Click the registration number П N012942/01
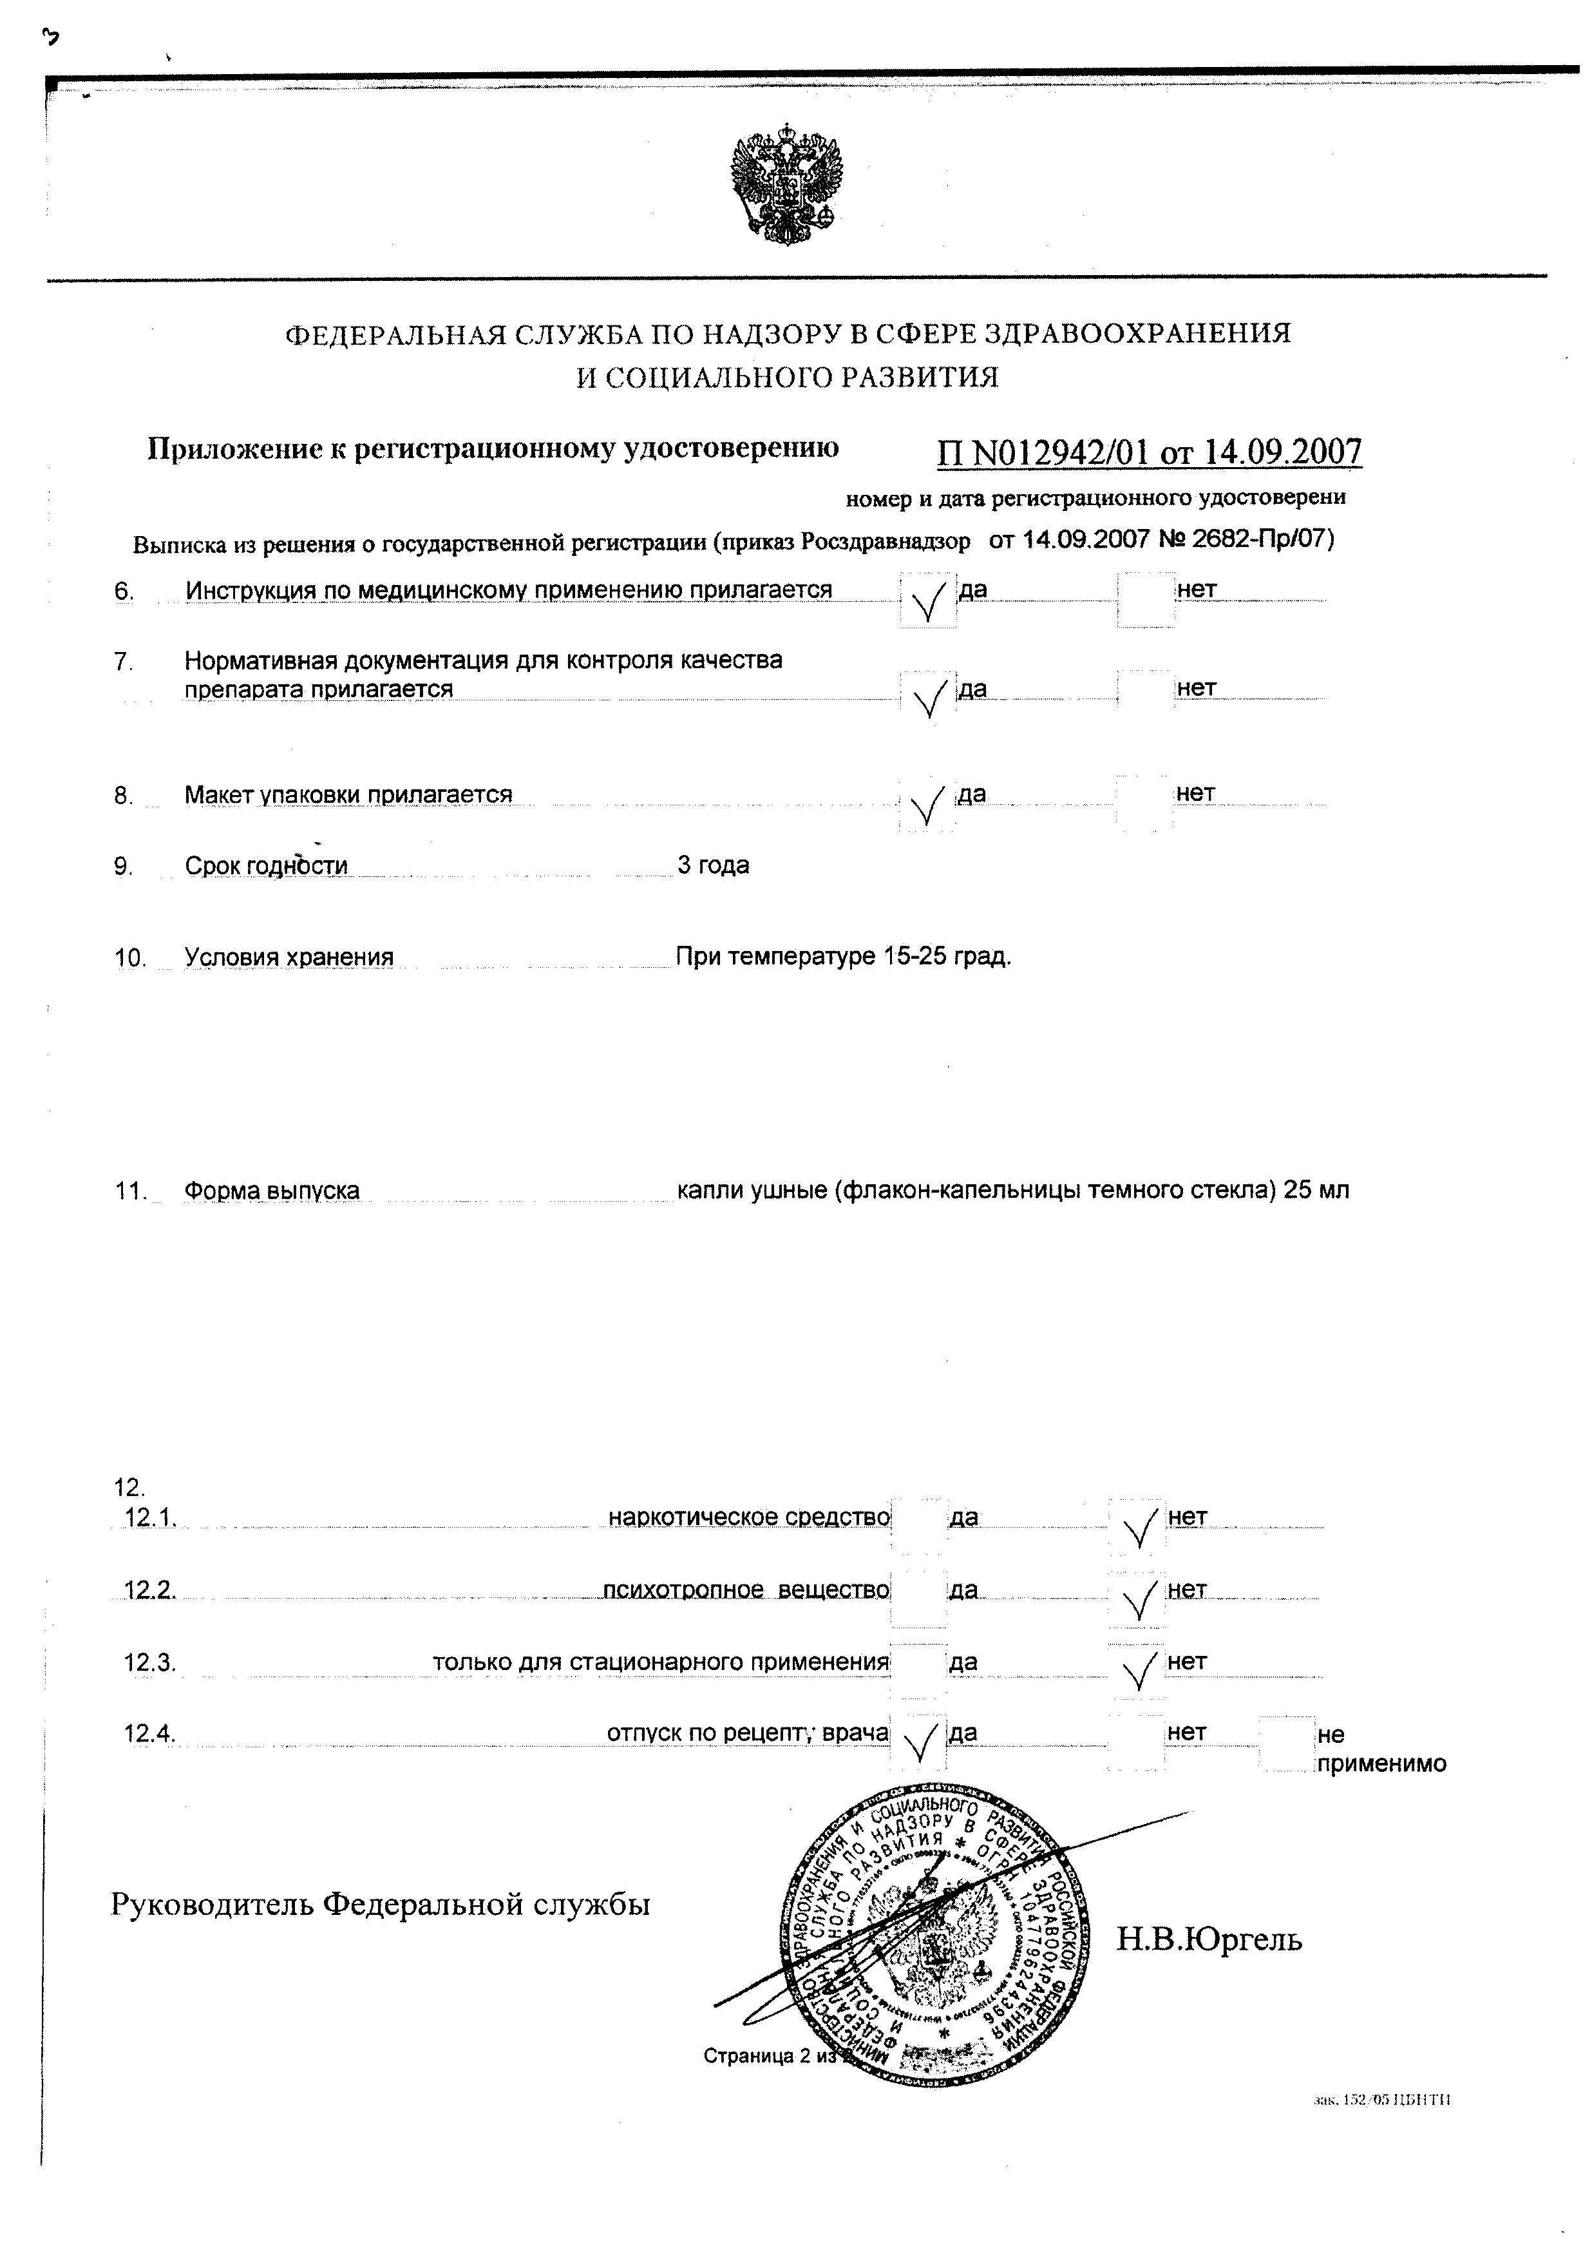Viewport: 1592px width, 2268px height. tap(1043, 452)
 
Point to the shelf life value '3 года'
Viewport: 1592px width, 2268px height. tap(713, 865)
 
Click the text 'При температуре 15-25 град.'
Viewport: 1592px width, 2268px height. tap(844, 956)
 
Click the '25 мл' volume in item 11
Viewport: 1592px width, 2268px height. tap(1316, 1190)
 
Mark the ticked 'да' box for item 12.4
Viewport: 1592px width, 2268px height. tap(918, 1742)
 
